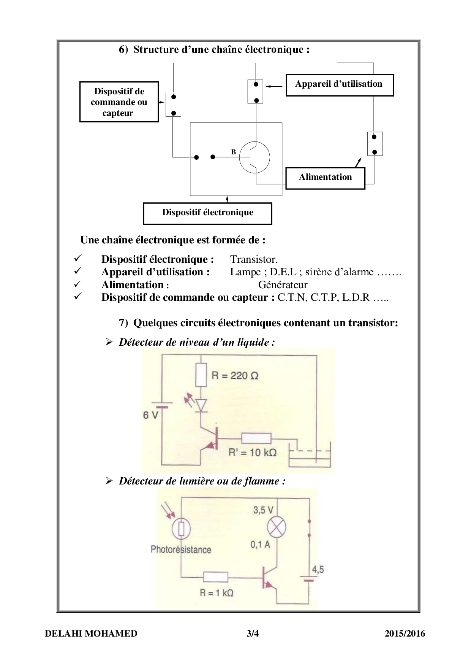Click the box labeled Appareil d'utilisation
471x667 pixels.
(339, 85)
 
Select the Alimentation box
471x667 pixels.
(325, 178)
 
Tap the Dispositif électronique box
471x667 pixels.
(207, 213)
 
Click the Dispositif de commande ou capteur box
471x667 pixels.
(119, 102)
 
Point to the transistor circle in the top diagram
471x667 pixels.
(254, 157)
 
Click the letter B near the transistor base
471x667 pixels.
(234, 152)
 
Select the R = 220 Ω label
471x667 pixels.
(235, 376)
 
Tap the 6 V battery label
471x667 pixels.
(150, 415)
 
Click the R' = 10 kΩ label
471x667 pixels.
(252, 452)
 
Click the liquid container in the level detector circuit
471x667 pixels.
(310, 457)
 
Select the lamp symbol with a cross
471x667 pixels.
(277, 527)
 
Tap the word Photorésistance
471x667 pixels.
(181, 549)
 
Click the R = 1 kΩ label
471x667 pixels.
(217, 592)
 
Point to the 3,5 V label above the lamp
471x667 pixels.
(263, 510)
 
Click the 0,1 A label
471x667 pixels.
(260, 545)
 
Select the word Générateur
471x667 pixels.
(283, 285)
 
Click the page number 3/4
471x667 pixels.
(253, 634)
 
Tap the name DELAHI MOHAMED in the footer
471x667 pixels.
(91, 634)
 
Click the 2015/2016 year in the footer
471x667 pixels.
(405, 634)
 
